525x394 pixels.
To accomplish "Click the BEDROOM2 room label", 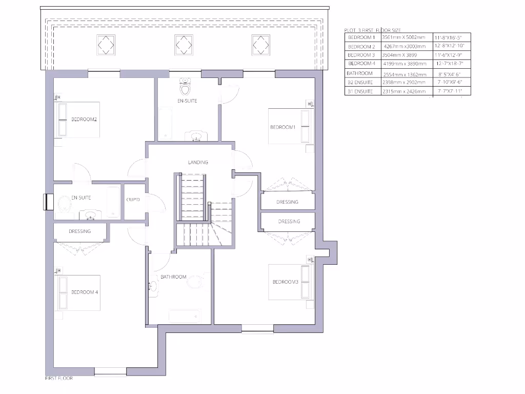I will pyautogui.click(x=84, y=120).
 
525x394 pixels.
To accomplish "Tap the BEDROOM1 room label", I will pyautogui.click(x=283, y=127).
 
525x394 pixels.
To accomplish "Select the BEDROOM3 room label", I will pyautogui.click(x=286, y=282).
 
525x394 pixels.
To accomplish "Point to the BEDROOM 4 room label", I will pyautogui.click(x=85, y=292).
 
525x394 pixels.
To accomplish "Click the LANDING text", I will pyautogui.click(x=198, y=163).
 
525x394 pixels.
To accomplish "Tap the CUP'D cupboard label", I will pyautogui.click(x=133, y=200).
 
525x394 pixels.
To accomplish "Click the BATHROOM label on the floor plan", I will pyautogui.click(x=173, y=277).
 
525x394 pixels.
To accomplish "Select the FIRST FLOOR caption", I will pyautogui.click(x=59, y=379).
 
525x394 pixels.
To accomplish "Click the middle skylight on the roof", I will pyautogui.click(x=183, y=45).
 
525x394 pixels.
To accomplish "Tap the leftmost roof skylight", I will pyautogui.click(x=106, y=45).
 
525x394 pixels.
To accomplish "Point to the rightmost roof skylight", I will pyautogui.click(x=260, y=45).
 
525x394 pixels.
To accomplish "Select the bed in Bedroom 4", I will pyautogui.click(x=78, y=293).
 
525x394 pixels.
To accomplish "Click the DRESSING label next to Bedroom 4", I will pyautogui.click(x=79, y=231).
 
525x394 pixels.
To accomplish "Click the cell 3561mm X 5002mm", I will pyautogui.click(x=404, y=38).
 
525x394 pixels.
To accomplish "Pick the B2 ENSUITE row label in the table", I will pyautogui.click(x=360, y=82).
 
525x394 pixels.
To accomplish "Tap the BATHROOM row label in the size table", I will pyautogui.click(x=360, y=73).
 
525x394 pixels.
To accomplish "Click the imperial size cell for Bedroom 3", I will pyautogui.click(x=449, y=55).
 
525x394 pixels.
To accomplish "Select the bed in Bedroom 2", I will pyautogui.click(x=78, y=120).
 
